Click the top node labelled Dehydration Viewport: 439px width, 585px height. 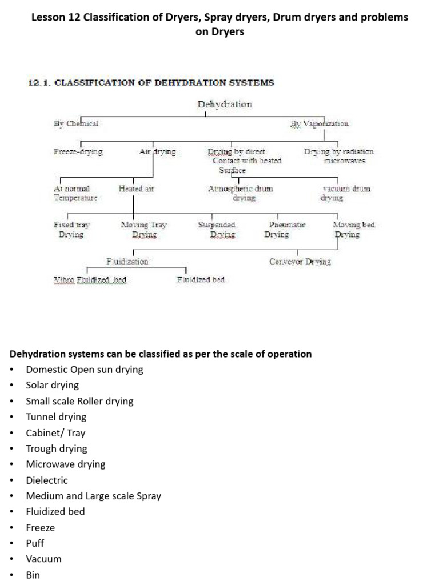(225, 105)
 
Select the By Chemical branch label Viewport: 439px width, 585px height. (77, 123)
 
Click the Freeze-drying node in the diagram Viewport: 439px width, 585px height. (78, 152)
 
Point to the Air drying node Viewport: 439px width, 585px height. (157, 152)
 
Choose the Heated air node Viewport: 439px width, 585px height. (136, 188)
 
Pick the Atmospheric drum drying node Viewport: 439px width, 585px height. (241, 193)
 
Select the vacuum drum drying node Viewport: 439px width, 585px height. (338, 193)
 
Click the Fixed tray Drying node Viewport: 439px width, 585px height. (71, 230)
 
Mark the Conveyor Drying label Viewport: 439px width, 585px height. (300, 262)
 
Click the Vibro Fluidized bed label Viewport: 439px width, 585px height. (90, 280)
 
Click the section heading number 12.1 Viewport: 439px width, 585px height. (40, 82)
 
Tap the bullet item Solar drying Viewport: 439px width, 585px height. (53, 385)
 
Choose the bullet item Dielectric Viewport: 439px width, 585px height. (47, 480)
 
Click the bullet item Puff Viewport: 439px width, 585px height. (35, 543)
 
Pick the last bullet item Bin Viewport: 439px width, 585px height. (33, 575)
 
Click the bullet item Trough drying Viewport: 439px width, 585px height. (57, 448)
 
